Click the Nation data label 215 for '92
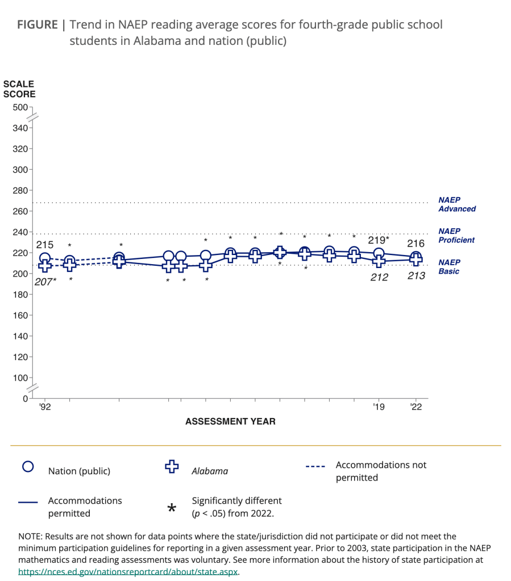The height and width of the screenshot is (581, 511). tap(45, 245)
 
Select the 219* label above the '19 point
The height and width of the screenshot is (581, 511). tap(378, 240)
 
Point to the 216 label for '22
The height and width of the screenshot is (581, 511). tap(416, 244)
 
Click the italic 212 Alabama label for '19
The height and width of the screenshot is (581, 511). tap(379, 277)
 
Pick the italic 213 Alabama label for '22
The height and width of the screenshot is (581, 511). tap(416, 277)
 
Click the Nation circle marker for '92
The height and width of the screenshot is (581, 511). tap(45, 258)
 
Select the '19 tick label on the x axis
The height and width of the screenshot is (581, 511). tap(379, 407)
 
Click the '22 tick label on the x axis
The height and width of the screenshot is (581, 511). tap(416, 407)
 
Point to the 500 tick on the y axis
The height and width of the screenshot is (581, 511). tap(19, 107)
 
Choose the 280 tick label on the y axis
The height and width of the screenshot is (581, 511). tap(19, 190)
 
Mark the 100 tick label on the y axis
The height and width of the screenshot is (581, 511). tap(19, 378)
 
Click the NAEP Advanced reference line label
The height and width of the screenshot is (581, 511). tap(456, 204)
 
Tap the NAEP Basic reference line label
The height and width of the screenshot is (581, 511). tap(448, 267)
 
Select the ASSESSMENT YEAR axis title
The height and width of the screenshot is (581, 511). tap(230, 421)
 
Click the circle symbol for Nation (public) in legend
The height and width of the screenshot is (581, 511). tap(28, 467)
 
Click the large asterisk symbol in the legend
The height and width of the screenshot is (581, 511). tap(172, 508)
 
